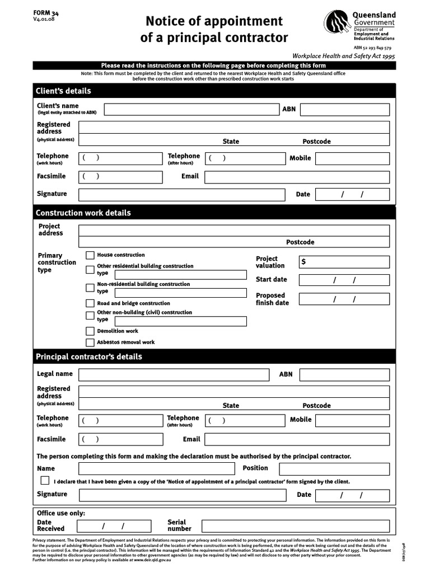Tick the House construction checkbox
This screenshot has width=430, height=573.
point(90,255)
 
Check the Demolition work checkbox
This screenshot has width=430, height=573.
point(90,331)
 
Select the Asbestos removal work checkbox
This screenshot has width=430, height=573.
point(90,342)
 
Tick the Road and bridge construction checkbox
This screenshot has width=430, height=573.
point(90,303)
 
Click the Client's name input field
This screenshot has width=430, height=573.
point(191,109)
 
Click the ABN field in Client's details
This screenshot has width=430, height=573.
point(344,109)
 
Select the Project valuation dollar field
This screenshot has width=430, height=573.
point(344,262)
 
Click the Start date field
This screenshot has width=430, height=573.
point(344,280)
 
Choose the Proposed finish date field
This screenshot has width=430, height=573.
point(344,299)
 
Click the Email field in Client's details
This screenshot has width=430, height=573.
point(297,177)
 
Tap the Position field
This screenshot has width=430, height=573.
point(334,468)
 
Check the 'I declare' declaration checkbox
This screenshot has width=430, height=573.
point(45,481)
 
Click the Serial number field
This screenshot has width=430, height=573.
point(295,526)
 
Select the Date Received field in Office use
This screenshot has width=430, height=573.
point(114,526)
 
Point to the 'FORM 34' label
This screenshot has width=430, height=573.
point(46,12)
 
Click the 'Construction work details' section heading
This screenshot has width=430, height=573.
point(83,213)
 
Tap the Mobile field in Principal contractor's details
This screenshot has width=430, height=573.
point(352,420)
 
